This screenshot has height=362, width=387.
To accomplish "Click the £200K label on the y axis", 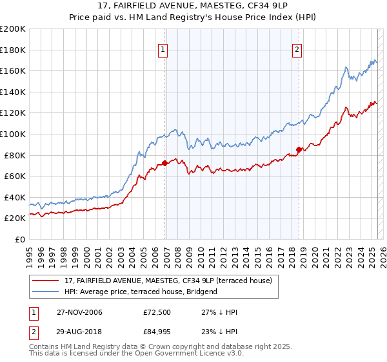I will point(13,29).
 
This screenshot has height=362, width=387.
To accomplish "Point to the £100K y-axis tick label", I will point(13,134).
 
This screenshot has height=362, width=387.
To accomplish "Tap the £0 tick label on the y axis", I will point(20,239).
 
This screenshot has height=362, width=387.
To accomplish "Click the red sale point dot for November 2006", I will point(165,163).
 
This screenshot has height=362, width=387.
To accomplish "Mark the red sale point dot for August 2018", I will point(299,150).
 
